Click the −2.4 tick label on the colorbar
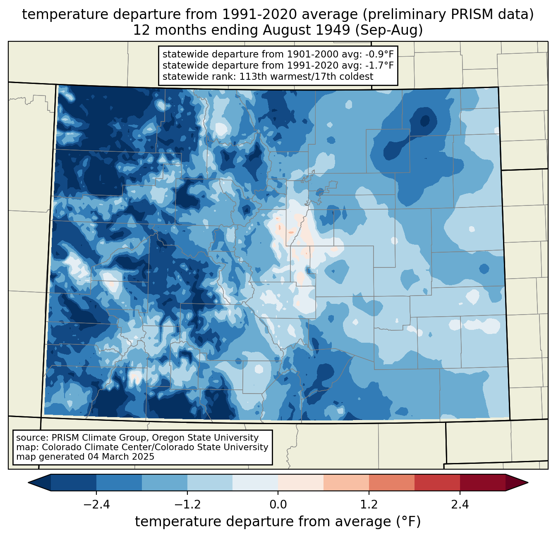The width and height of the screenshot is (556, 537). tap(96, 505)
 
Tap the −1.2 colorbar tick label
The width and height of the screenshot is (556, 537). tap(187, 505)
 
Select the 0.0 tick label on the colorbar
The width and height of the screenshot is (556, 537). tap(278, 505)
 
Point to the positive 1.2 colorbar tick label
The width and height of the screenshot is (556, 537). tap(369, 505)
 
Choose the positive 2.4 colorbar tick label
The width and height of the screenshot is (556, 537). tap(460, 505)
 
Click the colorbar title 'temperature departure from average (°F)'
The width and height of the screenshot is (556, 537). tap(278, 522)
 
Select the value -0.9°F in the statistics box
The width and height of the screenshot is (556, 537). tap(378, 54)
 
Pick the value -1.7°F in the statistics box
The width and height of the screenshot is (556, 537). tap(378, 65)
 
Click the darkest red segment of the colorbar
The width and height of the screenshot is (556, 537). tap(482, 482)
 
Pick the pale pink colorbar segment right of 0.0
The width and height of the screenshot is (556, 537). tap(301, 482)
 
